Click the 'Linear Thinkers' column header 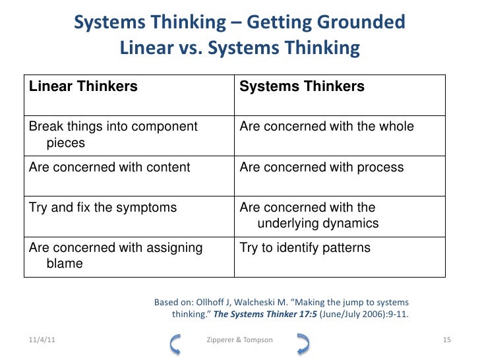coord(83,86)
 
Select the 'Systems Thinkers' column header coord(302,86)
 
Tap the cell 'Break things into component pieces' coord(113,134)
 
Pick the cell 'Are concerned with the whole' coord(326,127)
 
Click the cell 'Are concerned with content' coord(109,167)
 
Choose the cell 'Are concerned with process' coord(321,167)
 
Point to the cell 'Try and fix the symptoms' coord(103,208)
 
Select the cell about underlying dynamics coord(309,216)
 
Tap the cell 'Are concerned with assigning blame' coord(115,255)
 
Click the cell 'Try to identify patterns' coord(305,248)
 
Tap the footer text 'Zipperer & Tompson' coord(240,340)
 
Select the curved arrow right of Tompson coord(303,342)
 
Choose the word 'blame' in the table coord(65,263)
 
